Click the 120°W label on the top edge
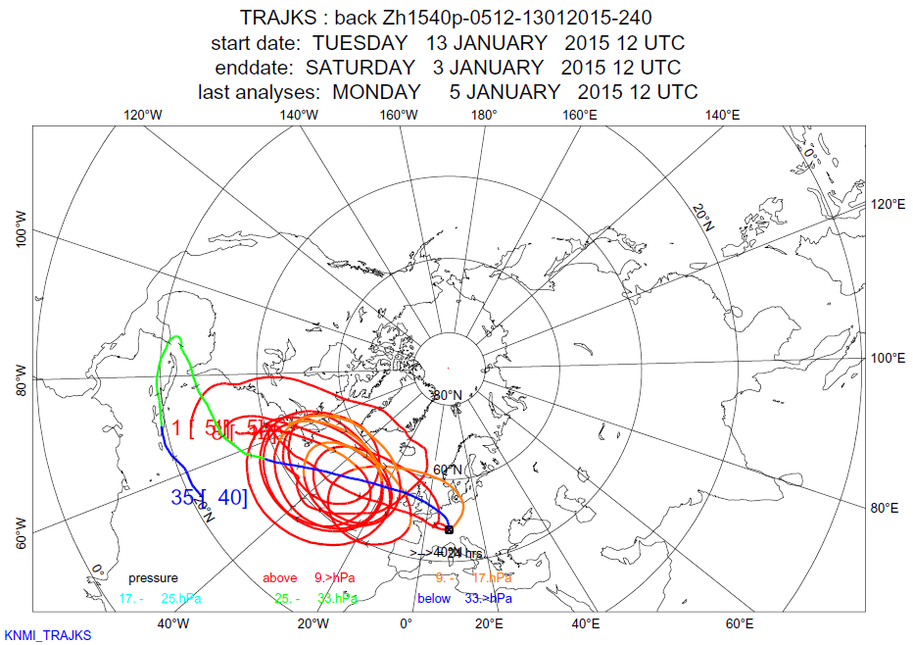pos(143,115)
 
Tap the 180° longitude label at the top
pos(483,115)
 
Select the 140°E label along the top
pos(722,115)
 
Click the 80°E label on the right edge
pos(885,508)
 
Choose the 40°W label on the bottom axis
pos(172,623)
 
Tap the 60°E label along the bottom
pos(740,623)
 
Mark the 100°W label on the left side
pos(22,227)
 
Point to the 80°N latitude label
pos(448,395)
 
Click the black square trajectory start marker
pos(449,529)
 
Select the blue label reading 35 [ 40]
pos(209,497)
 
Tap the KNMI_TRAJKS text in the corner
pos(48,636)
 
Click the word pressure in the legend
pos(153,578)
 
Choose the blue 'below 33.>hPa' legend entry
pos(464,598)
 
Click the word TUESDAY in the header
pos(360,43)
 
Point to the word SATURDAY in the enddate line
pos(360,68)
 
